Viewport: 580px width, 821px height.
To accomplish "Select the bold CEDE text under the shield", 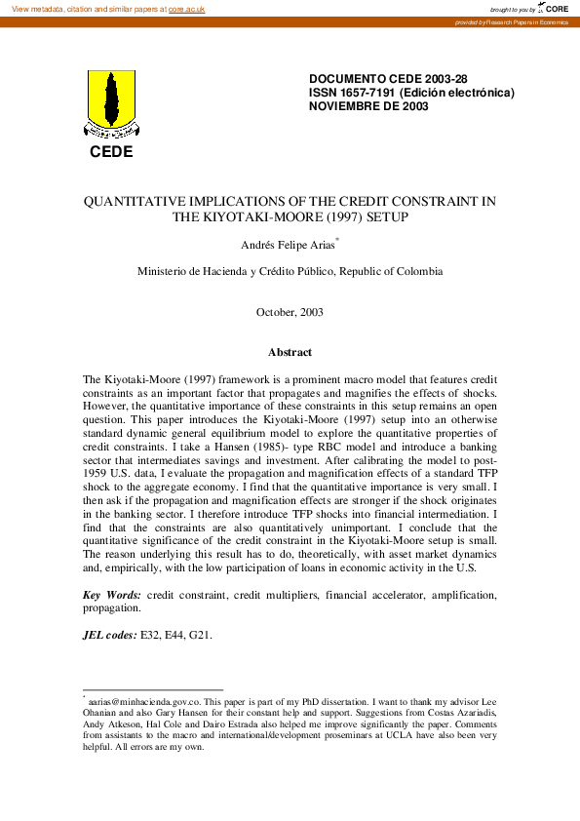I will pos(111,151).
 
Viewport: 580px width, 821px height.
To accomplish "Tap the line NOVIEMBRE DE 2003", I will pos(367,106).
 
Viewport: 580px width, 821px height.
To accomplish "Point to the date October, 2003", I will pos(290,312).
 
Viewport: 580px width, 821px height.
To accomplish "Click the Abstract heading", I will pos(290,352).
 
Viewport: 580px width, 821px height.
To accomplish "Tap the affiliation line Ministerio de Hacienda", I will pos(290,271).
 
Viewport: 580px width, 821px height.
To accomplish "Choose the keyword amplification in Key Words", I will pos(462,594).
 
